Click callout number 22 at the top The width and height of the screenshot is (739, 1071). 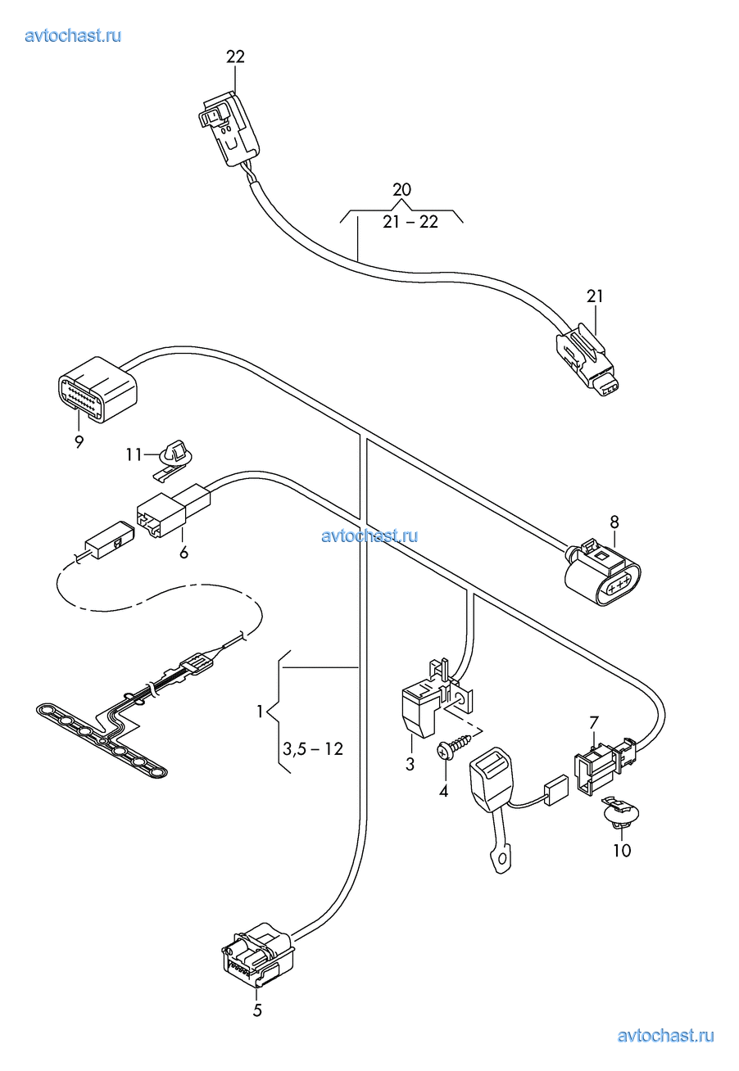235,56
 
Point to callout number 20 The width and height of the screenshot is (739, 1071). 401,190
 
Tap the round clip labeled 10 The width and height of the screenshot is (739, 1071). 619,814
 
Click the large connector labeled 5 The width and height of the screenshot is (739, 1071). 257,956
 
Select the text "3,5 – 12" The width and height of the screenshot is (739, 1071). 312,748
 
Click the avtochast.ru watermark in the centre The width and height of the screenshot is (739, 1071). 369,535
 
